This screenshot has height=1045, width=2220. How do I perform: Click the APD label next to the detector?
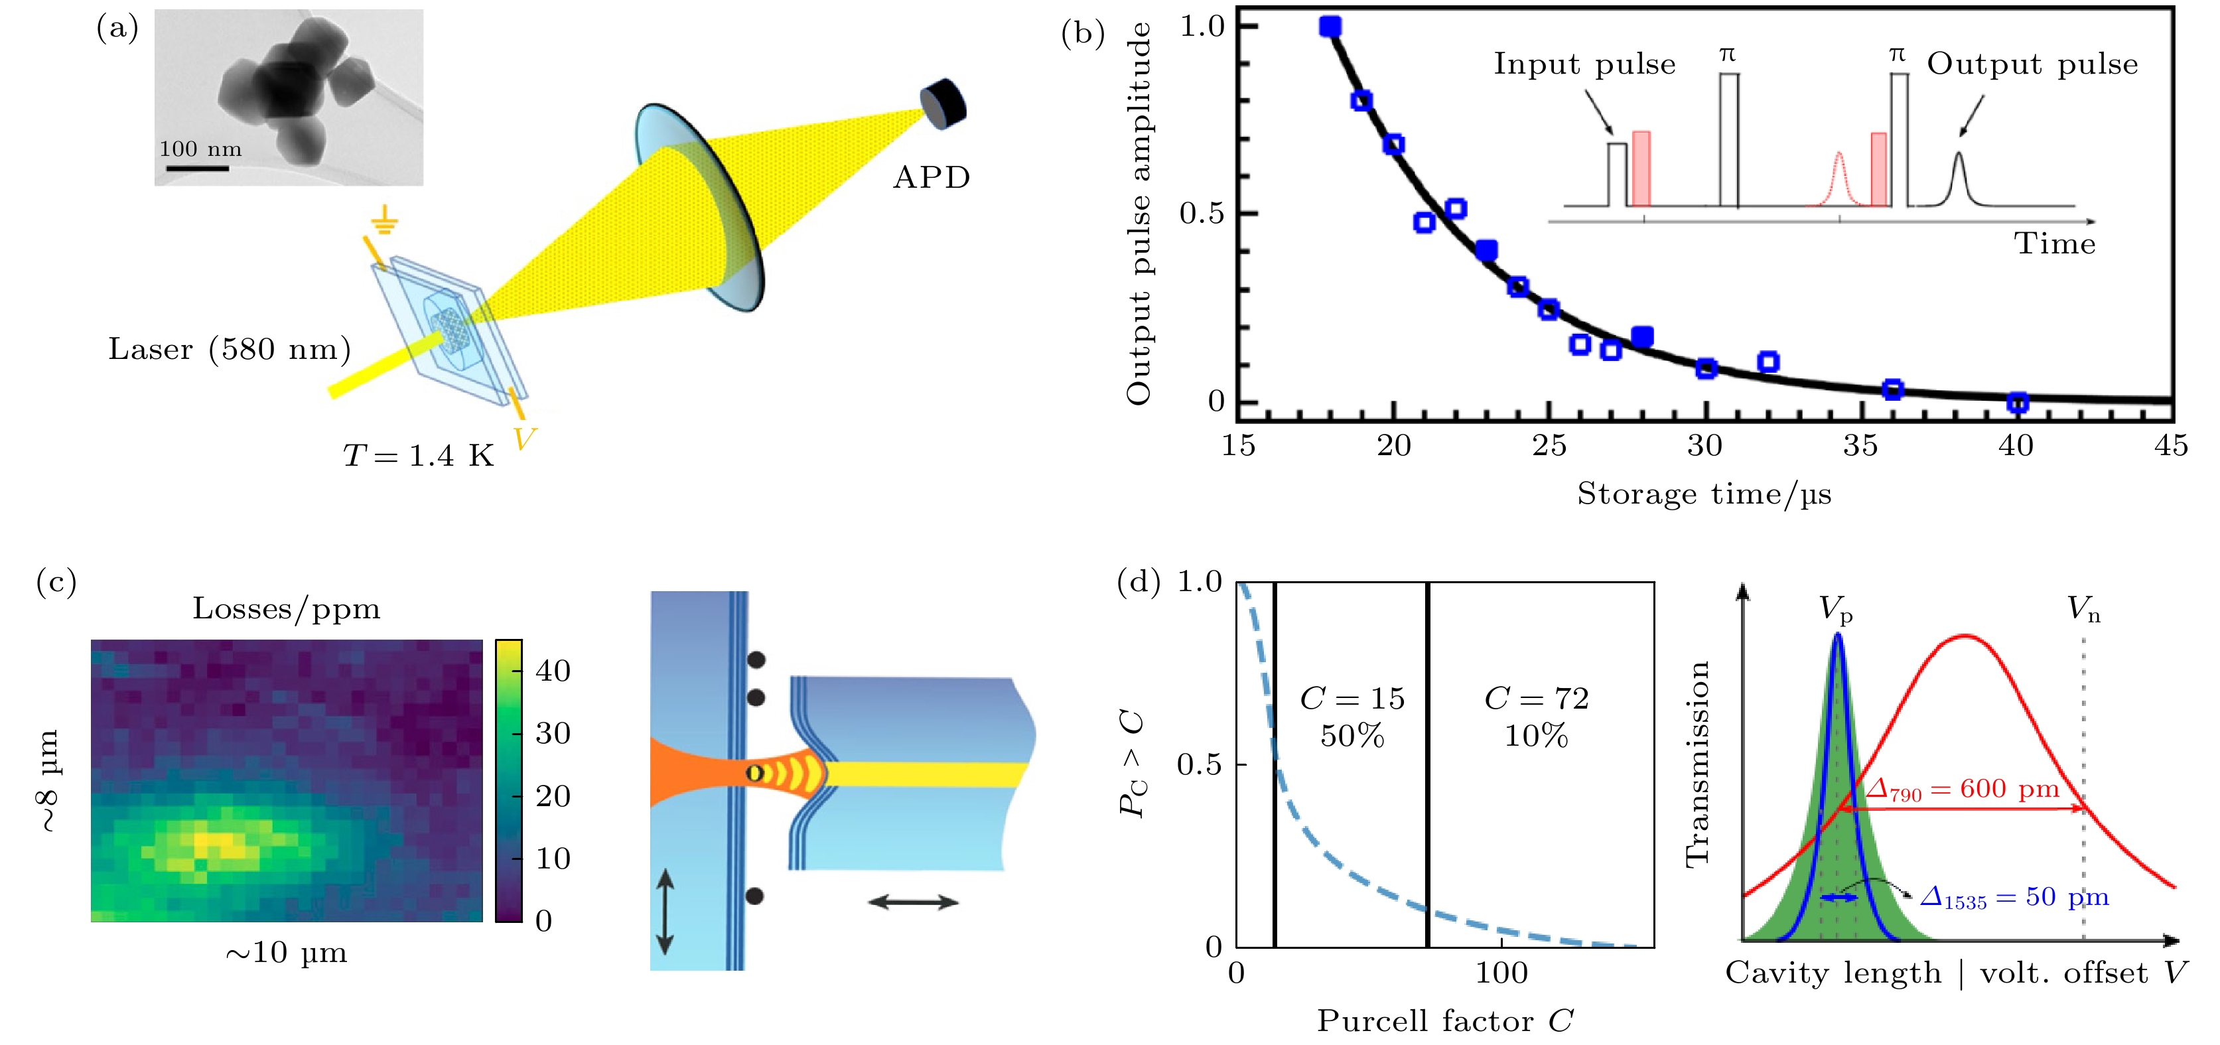point(931,177)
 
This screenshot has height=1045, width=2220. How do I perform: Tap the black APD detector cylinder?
point(945,104)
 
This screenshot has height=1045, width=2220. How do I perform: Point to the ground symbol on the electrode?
point(384,224)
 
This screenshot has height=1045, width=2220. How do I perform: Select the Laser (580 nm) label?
point(230,349)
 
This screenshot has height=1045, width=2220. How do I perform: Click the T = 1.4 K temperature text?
point(418,455)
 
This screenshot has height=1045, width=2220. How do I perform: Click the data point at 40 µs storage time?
point(2016,402)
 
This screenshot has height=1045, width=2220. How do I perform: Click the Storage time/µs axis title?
point(1704,494)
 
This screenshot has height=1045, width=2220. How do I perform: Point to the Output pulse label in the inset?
point(2032,64)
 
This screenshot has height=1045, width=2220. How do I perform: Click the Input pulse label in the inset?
point(1584,64)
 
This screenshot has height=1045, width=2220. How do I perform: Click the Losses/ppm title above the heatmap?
point(286,609)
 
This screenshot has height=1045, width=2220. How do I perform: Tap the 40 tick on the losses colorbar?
point(553,670)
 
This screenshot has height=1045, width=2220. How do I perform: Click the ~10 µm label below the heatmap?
point(286,953)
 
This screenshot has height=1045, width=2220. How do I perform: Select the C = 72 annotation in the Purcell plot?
point(1536,699)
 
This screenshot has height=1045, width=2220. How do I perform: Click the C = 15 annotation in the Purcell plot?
point(1352,699)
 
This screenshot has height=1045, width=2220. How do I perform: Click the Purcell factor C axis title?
point(1445,1021)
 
